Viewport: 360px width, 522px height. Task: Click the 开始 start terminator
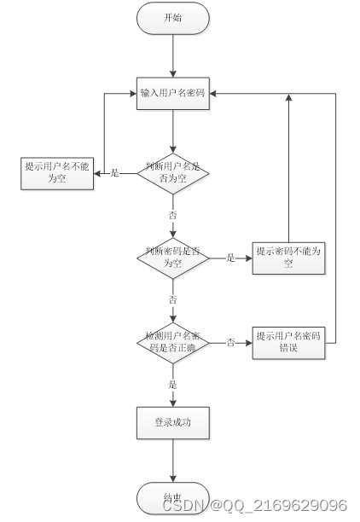173,19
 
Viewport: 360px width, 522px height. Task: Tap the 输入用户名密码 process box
173,93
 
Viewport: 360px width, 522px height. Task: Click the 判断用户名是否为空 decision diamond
173,173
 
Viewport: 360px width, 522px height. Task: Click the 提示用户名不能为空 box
57,173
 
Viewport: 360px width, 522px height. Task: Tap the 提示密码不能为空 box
288,257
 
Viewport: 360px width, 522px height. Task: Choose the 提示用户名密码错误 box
288,341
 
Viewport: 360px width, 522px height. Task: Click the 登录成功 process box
173,422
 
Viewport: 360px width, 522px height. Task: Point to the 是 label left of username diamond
115,173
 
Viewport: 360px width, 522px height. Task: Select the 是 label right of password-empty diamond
230,257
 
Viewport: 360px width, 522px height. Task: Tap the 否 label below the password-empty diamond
173,300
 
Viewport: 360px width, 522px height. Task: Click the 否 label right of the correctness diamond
230,341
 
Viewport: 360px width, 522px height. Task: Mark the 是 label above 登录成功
173,385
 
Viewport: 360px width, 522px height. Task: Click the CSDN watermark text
254,506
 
